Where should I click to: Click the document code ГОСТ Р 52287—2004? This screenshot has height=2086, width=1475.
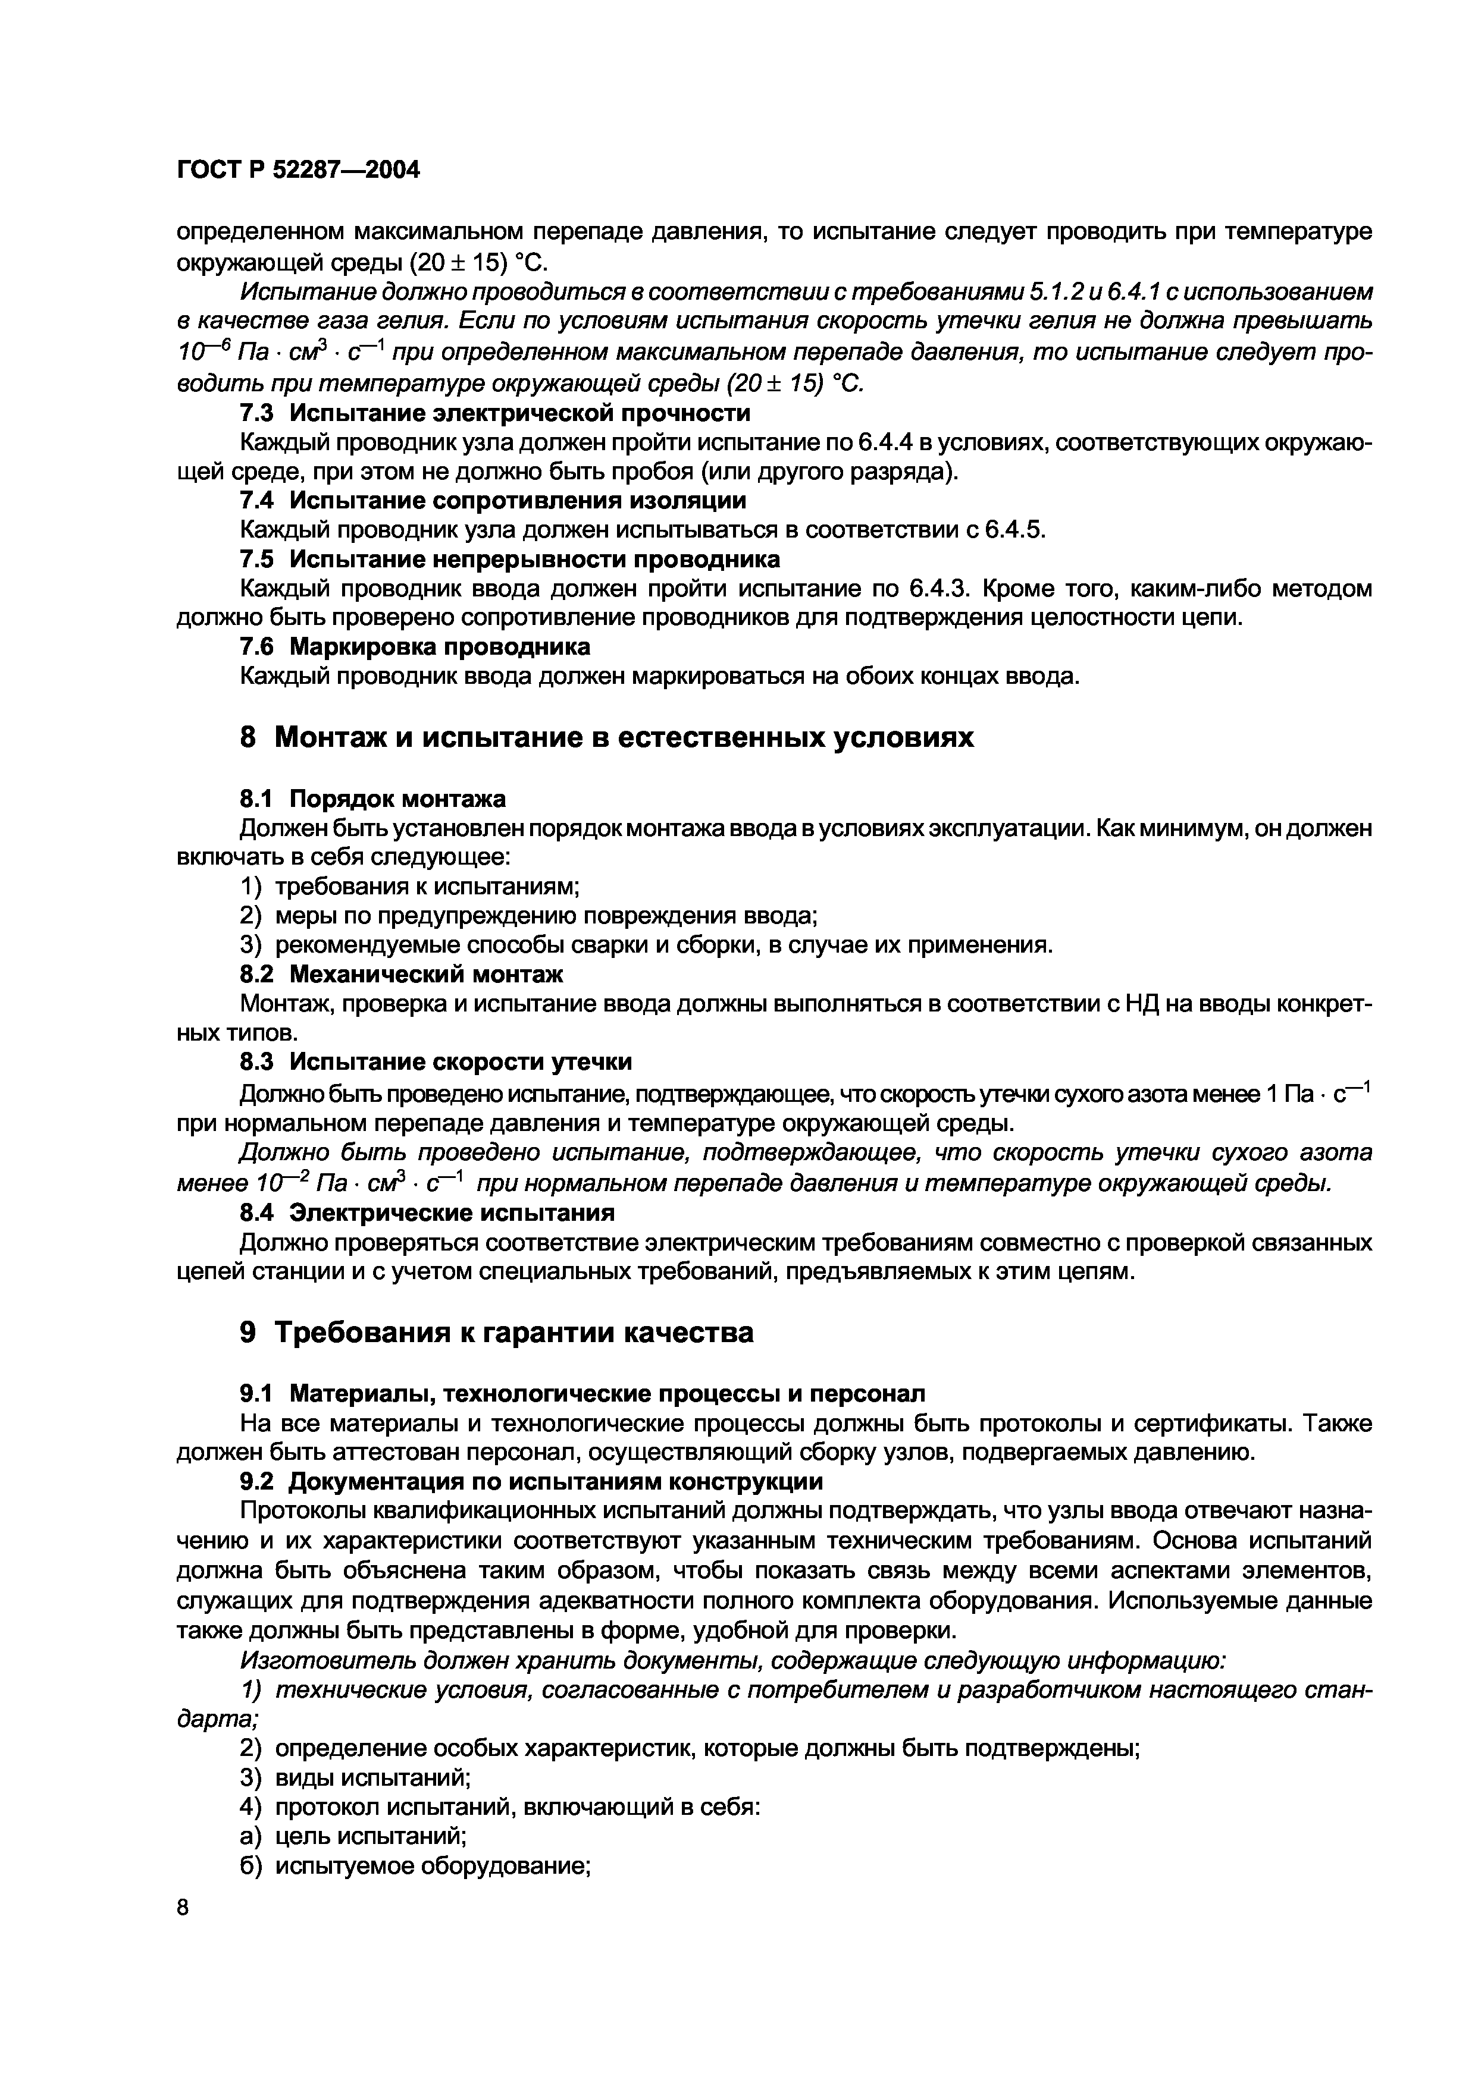[298, 170]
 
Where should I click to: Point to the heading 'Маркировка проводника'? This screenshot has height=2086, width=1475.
[440, 647]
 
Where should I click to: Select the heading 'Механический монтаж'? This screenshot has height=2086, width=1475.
[426, 974]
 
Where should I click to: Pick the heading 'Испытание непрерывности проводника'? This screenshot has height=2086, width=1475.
[534, 559]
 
